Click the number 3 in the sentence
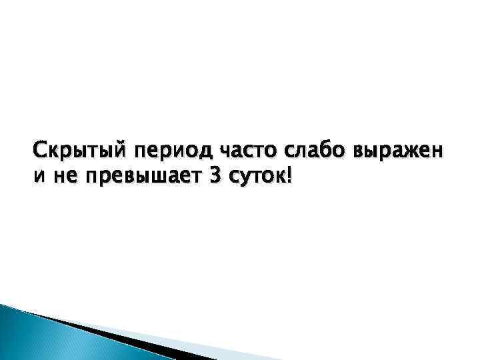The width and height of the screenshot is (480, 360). pos(215,178)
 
